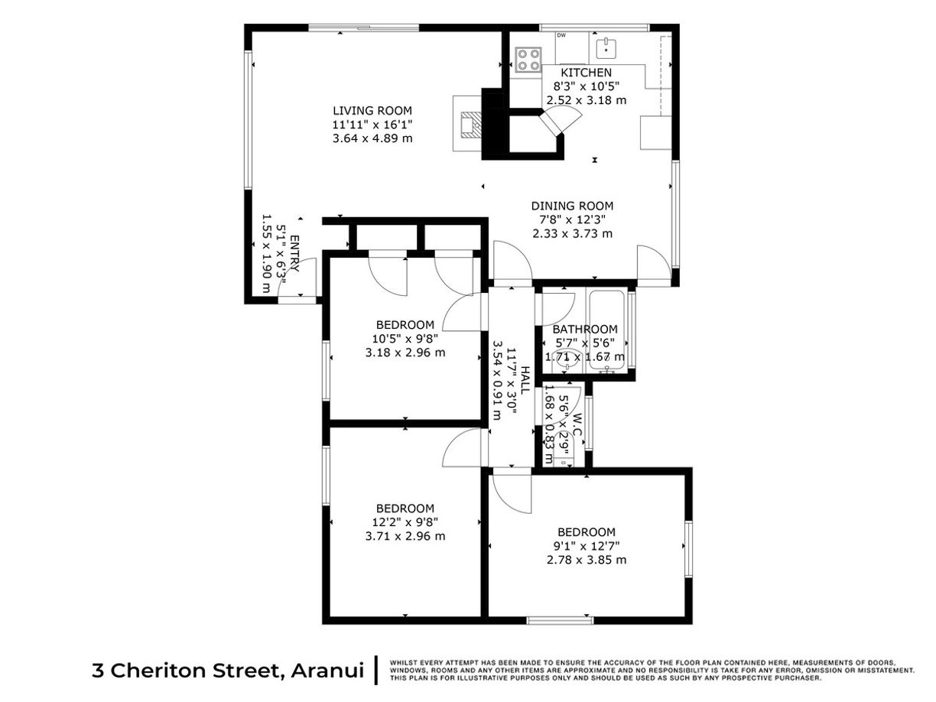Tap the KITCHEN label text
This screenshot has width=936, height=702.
(587, 73)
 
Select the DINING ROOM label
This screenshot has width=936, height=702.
(572, 206)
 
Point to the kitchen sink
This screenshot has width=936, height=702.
(606, 48)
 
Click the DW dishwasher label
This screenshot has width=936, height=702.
(561, 36)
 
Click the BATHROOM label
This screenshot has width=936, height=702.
(585, 330)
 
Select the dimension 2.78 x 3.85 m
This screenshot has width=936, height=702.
(587, 560)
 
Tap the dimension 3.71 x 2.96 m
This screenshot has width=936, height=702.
(405, 536)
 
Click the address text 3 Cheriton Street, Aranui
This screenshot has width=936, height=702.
(227, 671)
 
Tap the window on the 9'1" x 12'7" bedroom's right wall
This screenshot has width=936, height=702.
(688, 548)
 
